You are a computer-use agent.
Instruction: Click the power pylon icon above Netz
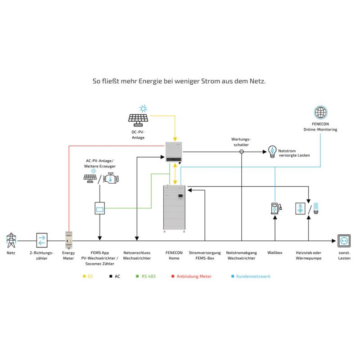click(10, 241)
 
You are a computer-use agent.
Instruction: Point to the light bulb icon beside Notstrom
click(272, 151)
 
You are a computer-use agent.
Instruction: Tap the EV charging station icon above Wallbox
click(275, 208)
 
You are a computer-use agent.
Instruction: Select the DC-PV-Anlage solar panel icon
click(138, 118)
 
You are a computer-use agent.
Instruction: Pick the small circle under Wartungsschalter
click(241, 152)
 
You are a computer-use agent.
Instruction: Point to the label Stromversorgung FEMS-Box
click(205, 256)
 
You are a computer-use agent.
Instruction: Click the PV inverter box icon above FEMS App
click(99, 208)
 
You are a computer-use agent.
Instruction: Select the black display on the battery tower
click(181, 196)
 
